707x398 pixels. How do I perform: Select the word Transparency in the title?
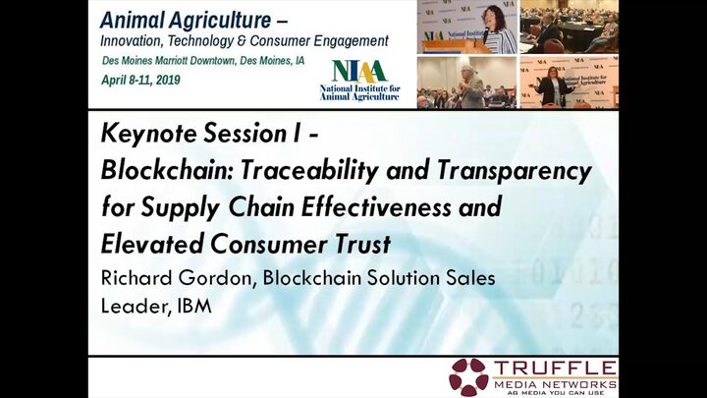pyautogui.click(x=514, y=172)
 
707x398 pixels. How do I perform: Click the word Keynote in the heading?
pyautogui.click(x=148, y=134)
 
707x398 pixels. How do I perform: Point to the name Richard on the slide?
pyautogui.click(x=136, y=277)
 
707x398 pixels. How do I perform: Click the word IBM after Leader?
pyautogui.click(x=194, y=306)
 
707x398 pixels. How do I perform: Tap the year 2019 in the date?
pyautogui.click(x=168, y=80)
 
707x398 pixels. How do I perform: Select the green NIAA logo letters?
pyautogui.click(x=359, y=71)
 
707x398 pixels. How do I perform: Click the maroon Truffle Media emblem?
pyautogui.click(x=468, y=376)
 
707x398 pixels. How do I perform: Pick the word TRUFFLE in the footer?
pyautogui.click(x=555, y=369)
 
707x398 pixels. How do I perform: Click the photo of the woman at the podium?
pyautogui.click(x=466, y=28)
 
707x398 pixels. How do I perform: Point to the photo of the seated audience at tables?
pyautogui.click(x=569, y=28)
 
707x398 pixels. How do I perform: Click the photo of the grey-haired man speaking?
pyautogui.click(x=466, y=83)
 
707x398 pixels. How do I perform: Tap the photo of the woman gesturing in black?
pyautogui.click(x=569, y=83)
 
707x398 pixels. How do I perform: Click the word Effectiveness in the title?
pyautogui.click(x=376, y=207)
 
